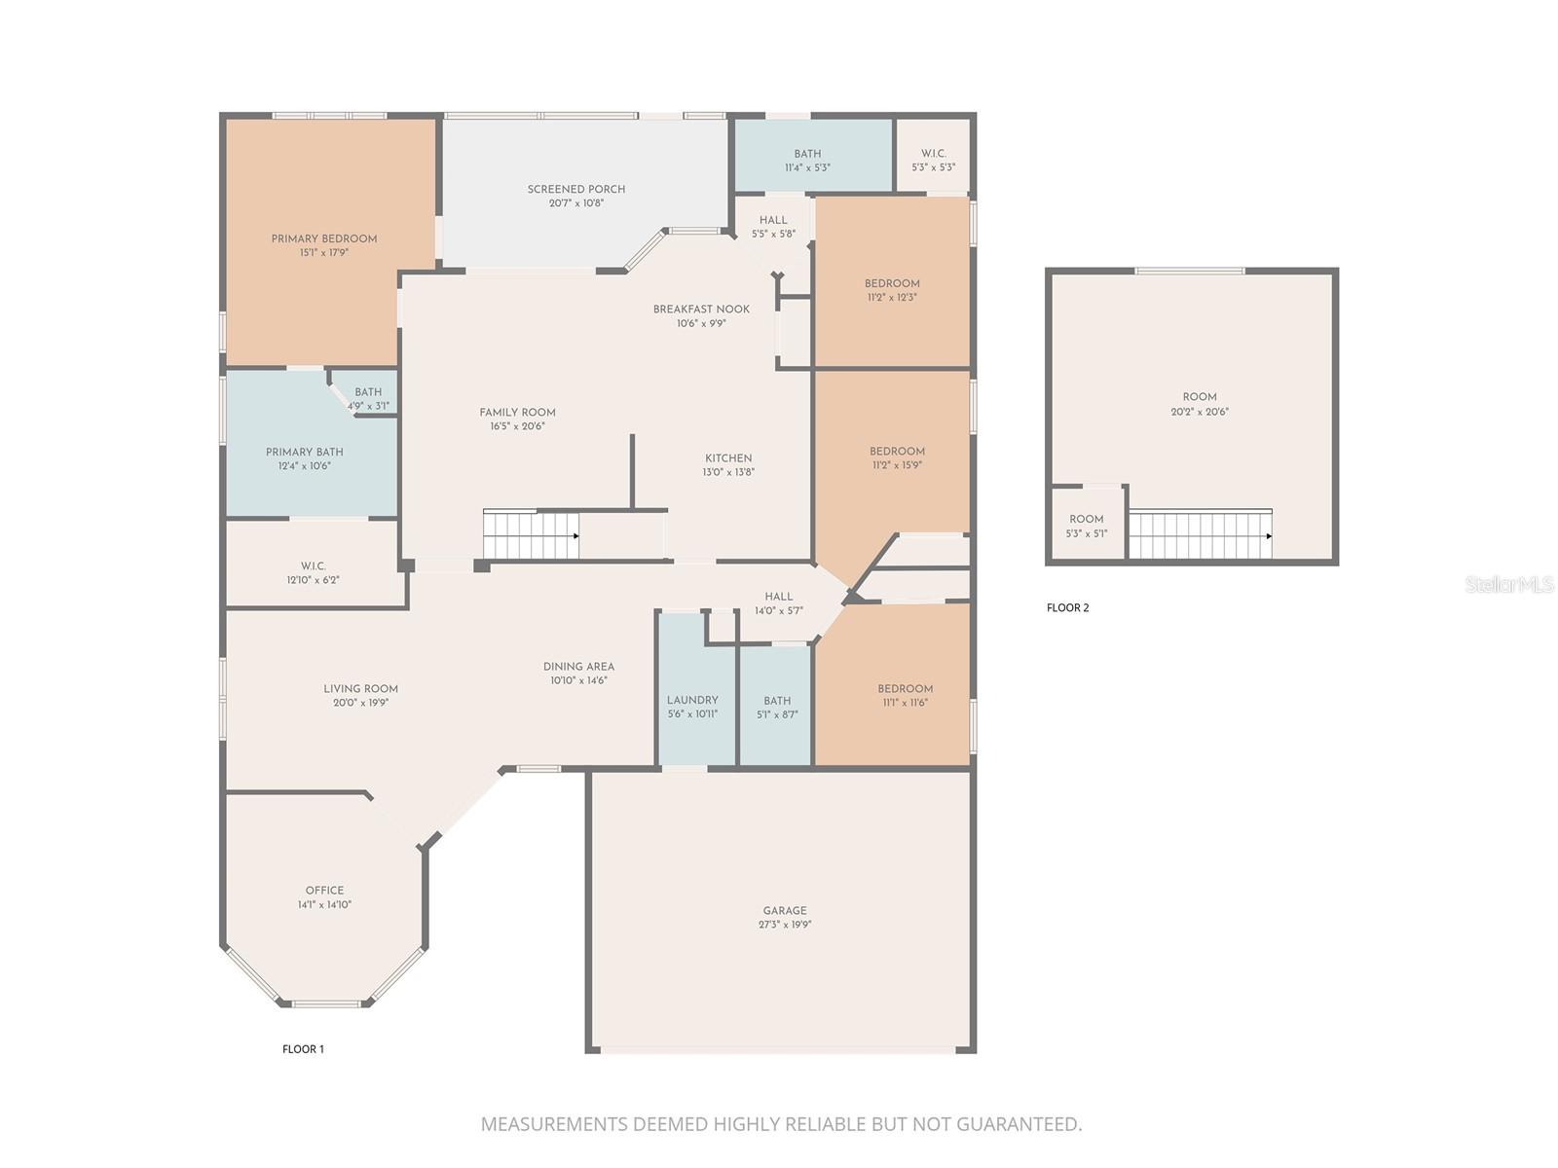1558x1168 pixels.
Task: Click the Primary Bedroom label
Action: [323, 238]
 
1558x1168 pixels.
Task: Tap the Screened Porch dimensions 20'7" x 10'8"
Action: [576, 203]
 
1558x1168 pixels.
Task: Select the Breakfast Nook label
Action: [701, 310]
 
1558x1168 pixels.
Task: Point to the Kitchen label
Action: [728, 458]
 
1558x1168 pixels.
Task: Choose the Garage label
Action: [785, 911]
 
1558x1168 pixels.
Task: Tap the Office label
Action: [324, 891]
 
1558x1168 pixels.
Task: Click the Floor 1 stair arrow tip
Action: [577, 536]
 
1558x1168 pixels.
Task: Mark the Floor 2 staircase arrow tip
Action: [1270, 536]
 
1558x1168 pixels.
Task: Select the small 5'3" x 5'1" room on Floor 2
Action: [1087, 526]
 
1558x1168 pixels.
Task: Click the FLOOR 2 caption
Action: [1067, 608]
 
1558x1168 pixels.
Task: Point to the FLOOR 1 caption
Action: [303, 1049]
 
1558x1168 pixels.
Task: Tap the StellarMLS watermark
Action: [1510, 584]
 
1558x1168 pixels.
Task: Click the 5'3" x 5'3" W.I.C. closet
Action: [933, 161]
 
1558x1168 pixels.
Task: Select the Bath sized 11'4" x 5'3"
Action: [807, 161]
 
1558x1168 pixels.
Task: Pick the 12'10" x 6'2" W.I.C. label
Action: [313, 566]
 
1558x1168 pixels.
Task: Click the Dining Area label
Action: [578, 667]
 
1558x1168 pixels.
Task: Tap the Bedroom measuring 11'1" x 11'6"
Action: [905, 695]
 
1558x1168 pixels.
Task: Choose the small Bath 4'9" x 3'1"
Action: [368, 399]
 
